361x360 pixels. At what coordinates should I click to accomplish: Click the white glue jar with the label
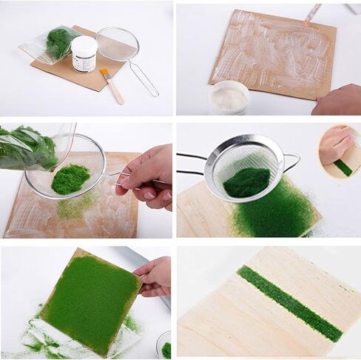[84, 54]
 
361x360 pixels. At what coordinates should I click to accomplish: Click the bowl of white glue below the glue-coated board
[229, 97]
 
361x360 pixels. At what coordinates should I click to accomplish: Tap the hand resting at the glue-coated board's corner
[339, 100]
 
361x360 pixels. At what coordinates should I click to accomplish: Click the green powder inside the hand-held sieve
[70, 179]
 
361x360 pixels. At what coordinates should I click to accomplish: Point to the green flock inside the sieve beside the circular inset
[246, 181]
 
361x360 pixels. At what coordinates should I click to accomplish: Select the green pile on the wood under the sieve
[266, 215]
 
